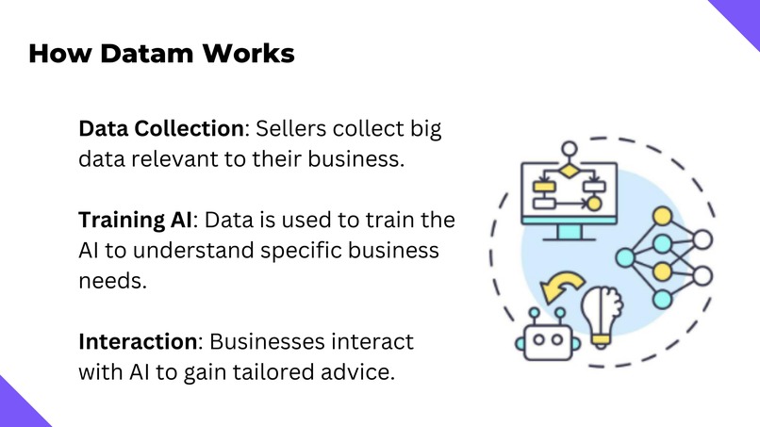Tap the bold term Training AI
135,221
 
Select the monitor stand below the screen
570,231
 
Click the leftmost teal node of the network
623,256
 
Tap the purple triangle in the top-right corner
742,16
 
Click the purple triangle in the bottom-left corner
17,408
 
